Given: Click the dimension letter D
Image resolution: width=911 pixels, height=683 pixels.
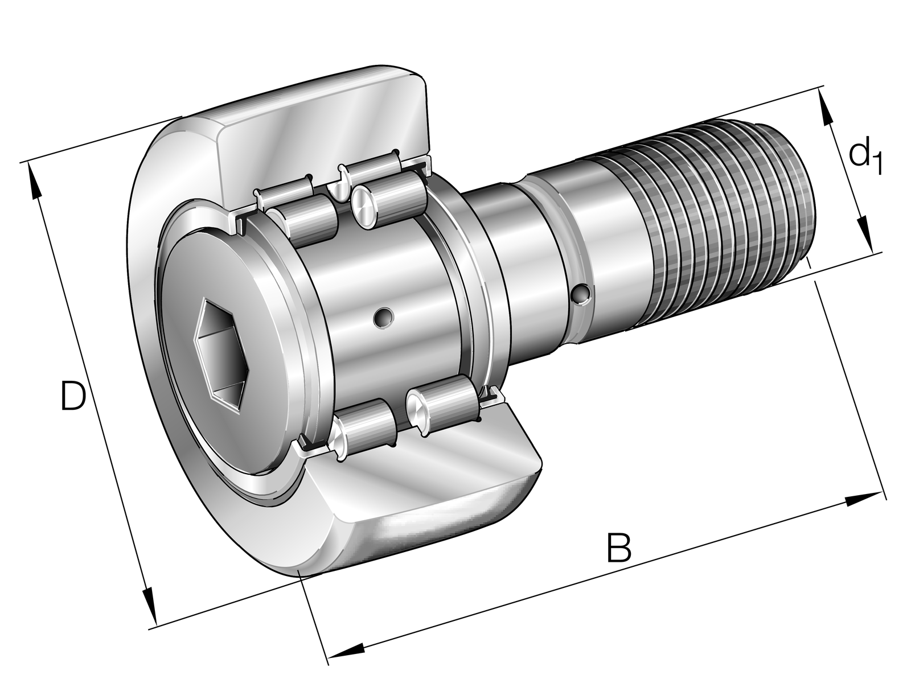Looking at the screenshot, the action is [73, 396].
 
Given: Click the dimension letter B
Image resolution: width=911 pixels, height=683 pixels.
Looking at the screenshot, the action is [618, 548].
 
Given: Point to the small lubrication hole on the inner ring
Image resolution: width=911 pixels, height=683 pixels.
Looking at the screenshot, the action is [384, 318].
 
